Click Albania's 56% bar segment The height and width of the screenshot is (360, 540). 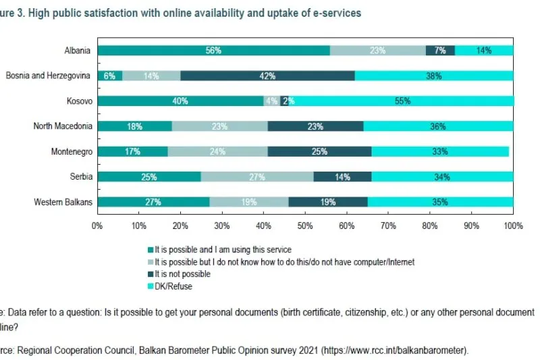point(214,51)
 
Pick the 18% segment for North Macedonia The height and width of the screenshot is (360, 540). point(134,126)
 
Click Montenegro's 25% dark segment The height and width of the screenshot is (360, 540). point(319,151)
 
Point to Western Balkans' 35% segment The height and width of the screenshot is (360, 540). point(440,202)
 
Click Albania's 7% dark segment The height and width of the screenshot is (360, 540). point(440,51)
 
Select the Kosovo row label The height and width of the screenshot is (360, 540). point(80,101)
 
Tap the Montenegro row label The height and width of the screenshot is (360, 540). point(72,151)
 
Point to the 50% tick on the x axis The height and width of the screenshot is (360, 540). point(305,226)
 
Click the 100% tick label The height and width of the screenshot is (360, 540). point(513,226)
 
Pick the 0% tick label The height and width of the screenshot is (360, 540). point(97,226)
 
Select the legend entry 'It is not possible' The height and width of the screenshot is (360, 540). point(182,274)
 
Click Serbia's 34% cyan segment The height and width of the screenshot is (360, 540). point(442,177)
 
